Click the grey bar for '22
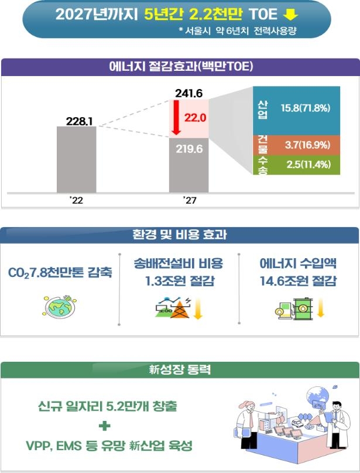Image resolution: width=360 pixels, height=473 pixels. click(76, 159)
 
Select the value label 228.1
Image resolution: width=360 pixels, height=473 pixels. click(76, 121)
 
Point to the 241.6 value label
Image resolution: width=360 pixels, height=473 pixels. click(188, 93)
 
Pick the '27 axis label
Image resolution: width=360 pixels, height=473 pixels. click(188, 201)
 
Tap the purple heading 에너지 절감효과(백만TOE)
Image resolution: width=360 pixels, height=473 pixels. click(180, 67)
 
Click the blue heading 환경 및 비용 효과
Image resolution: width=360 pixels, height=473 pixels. click(180, 235)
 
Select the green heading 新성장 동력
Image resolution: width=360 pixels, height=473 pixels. click(180, 370)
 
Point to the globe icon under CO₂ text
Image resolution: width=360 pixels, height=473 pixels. click(60, 306)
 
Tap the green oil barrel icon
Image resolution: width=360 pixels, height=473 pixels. click(304, 308)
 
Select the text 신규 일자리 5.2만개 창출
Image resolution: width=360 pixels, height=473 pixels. click(105, 406)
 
